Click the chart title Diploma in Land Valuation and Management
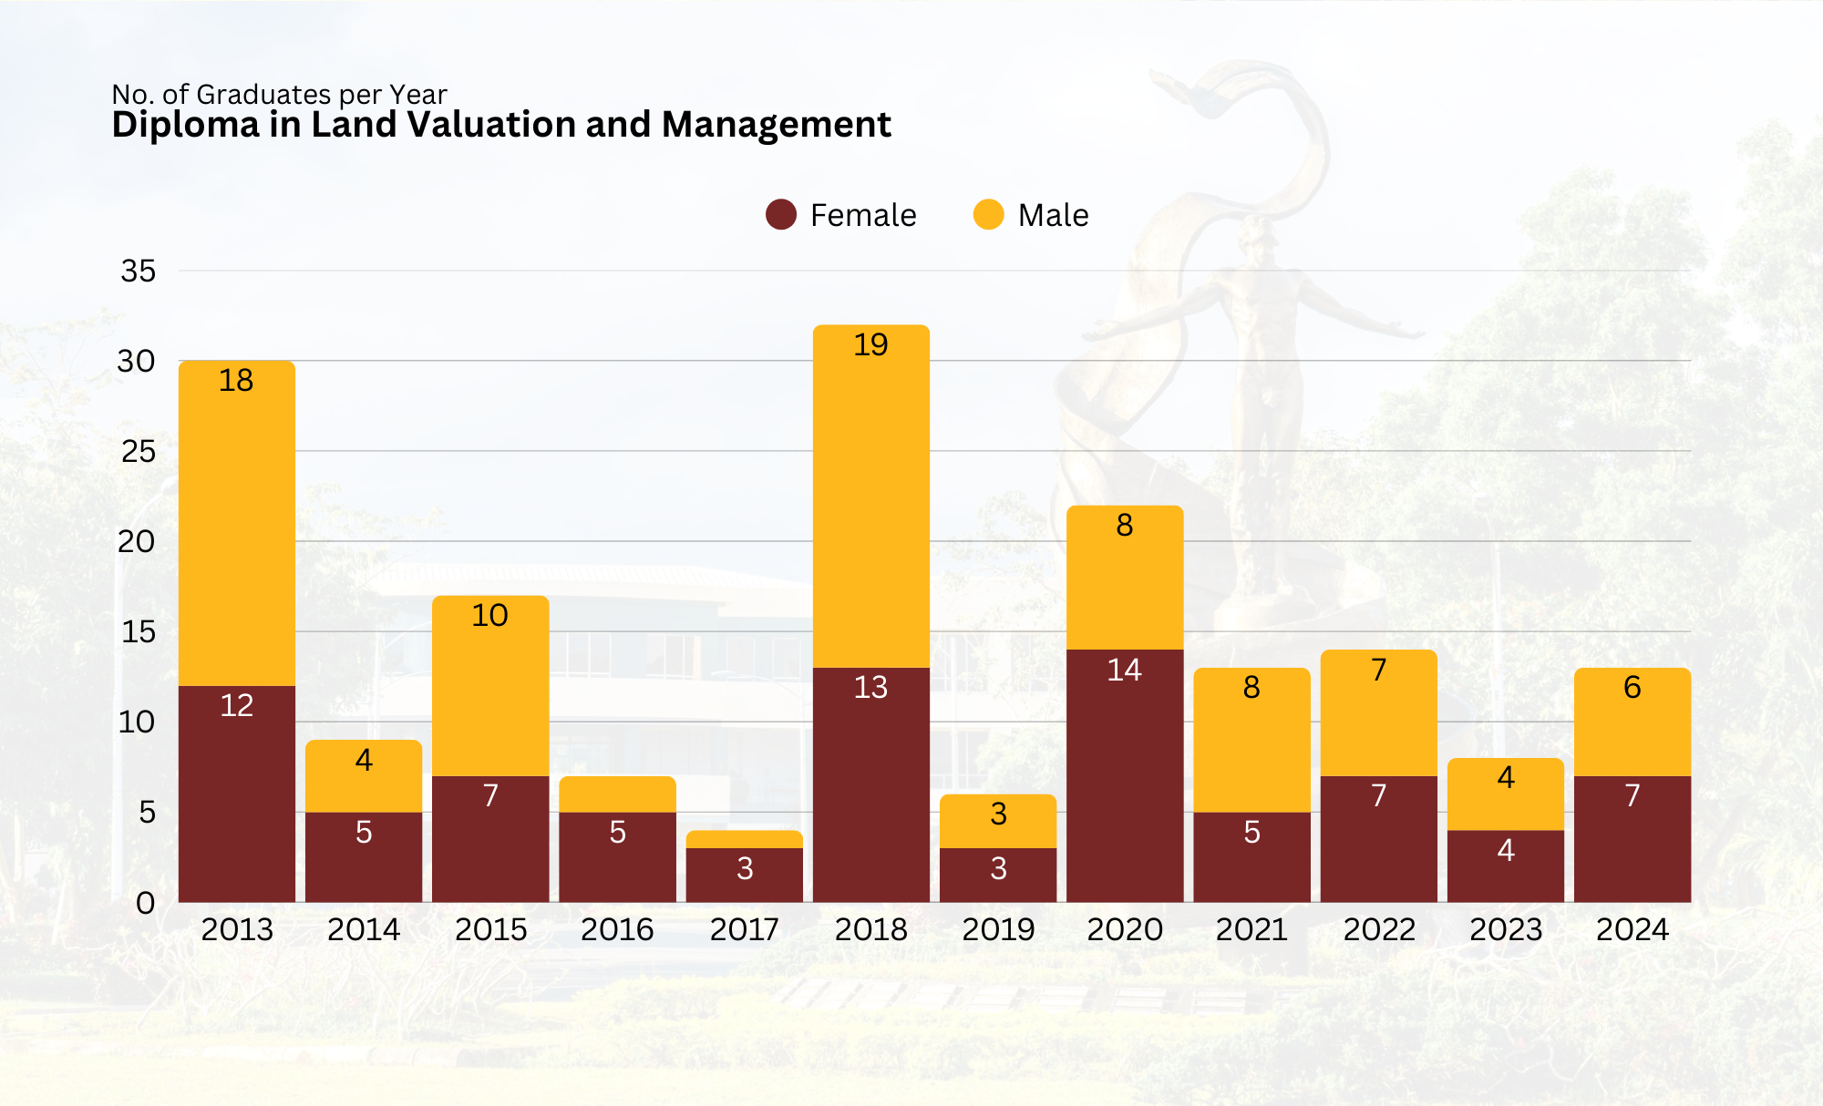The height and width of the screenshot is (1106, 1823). point(500,125)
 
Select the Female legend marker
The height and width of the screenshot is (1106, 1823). point(781,215)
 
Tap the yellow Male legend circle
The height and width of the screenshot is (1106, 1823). point(988,215)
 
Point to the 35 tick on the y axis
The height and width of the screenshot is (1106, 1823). point(138,271)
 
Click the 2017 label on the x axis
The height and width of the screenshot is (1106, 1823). point(744,929)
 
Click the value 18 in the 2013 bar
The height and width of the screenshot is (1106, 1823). point(236,381)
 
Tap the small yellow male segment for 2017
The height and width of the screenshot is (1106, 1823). point(744,839)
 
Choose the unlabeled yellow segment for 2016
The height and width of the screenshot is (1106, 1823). point(617,794)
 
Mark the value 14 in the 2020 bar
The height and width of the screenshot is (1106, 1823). point(1124,671)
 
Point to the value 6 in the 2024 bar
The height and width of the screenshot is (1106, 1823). point(1632,687)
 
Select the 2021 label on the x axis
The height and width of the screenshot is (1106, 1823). point(1251,929)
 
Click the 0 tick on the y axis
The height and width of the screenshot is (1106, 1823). point(145,903)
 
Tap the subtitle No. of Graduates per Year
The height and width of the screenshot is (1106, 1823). point(279,94)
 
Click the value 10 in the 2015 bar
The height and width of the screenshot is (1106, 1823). point(489,616)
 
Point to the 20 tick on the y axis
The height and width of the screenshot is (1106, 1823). point(137,541)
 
